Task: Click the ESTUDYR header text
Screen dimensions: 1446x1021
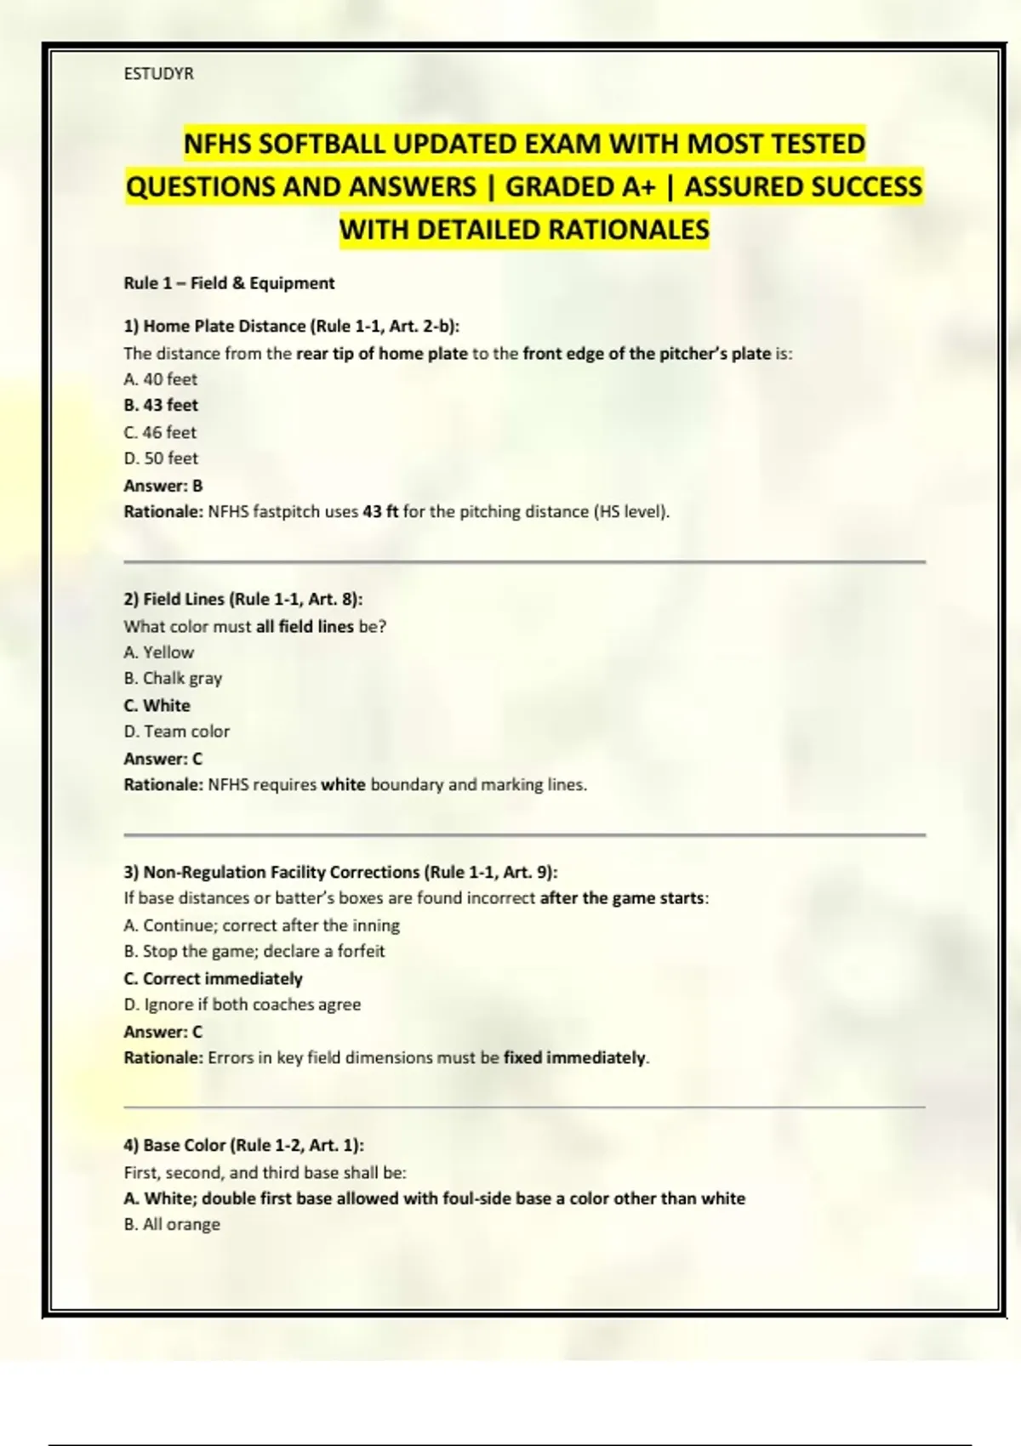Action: point(158,74)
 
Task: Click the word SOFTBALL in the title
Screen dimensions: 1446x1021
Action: point(322,144)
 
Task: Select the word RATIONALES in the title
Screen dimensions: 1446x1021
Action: point(628,230)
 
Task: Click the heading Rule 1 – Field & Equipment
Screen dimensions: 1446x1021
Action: point(229,283)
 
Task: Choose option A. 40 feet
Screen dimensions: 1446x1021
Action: point(160,379)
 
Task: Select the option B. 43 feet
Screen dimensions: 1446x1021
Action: point(161,406)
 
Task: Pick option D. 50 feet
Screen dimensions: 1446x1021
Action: point(161,458)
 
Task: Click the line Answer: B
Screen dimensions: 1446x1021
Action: point(163,486)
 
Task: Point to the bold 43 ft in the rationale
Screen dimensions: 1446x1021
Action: point(380,512)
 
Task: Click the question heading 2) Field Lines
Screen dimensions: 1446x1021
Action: point(242,599)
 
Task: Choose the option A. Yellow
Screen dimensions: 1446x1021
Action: point(158,652)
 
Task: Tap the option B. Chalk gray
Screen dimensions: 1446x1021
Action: point(173,679)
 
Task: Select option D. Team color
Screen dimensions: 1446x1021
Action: point(176,732)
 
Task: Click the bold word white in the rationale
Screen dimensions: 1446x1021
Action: point(343,784)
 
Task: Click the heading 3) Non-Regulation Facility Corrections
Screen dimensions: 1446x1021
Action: point(340,872)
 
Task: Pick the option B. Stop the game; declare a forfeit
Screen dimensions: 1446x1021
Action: point(254,951)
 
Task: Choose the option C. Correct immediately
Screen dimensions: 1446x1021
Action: point(213,978)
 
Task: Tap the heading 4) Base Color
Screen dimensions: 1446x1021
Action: point(243,1145)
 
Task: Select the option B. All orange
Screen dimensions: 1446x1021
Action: point(172,1224)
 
